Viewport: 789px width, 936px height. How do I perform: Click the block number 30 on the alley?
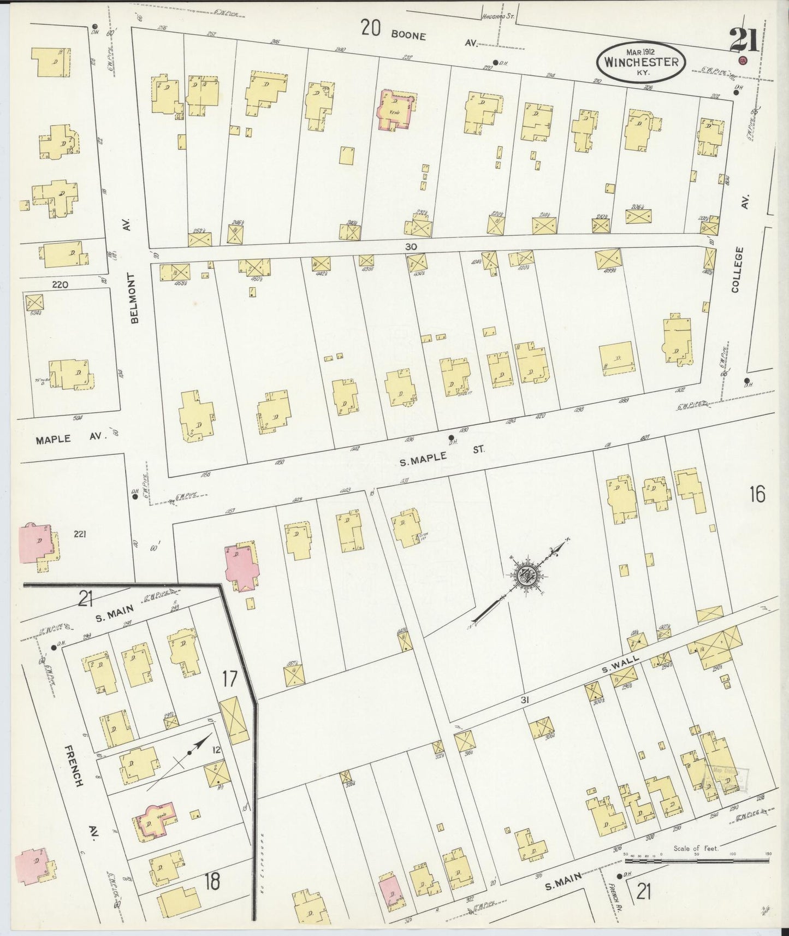coord(411,247)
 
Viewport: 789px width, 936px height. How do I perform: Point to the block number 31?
coord(525,700)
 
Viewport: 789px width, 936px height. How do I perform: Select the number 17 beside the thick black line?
coord(229,679)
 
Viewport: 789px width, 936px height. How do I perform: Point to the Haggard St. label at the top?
coord(499,16)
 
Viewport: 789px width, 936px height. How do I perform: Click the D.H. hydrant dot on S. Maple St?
coord(451,437)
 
